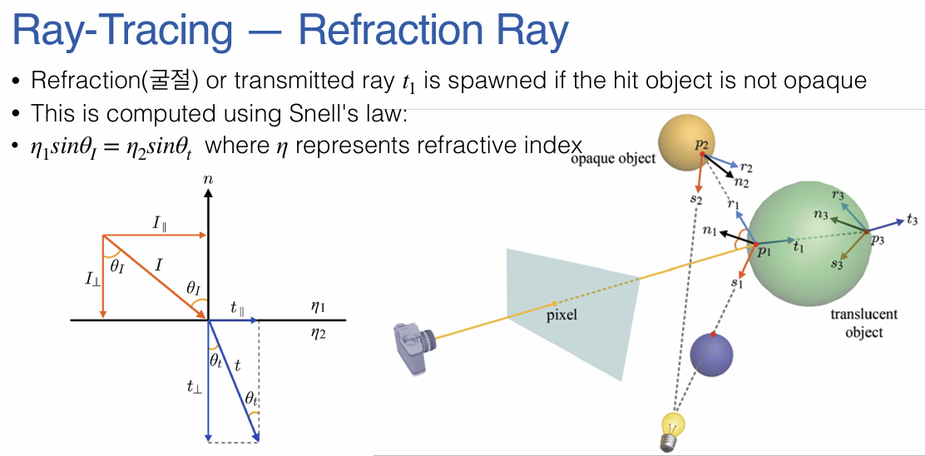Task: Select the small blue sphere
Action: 714,354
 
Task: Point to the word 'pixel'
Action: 561,315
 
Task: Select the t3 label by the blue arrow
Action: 913,221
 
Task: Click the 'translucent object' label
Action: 864,324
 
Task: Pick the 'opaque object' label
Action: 613,158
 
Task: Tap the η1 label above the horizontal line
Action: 318,306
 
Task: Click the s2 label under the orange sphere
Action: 695,201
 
